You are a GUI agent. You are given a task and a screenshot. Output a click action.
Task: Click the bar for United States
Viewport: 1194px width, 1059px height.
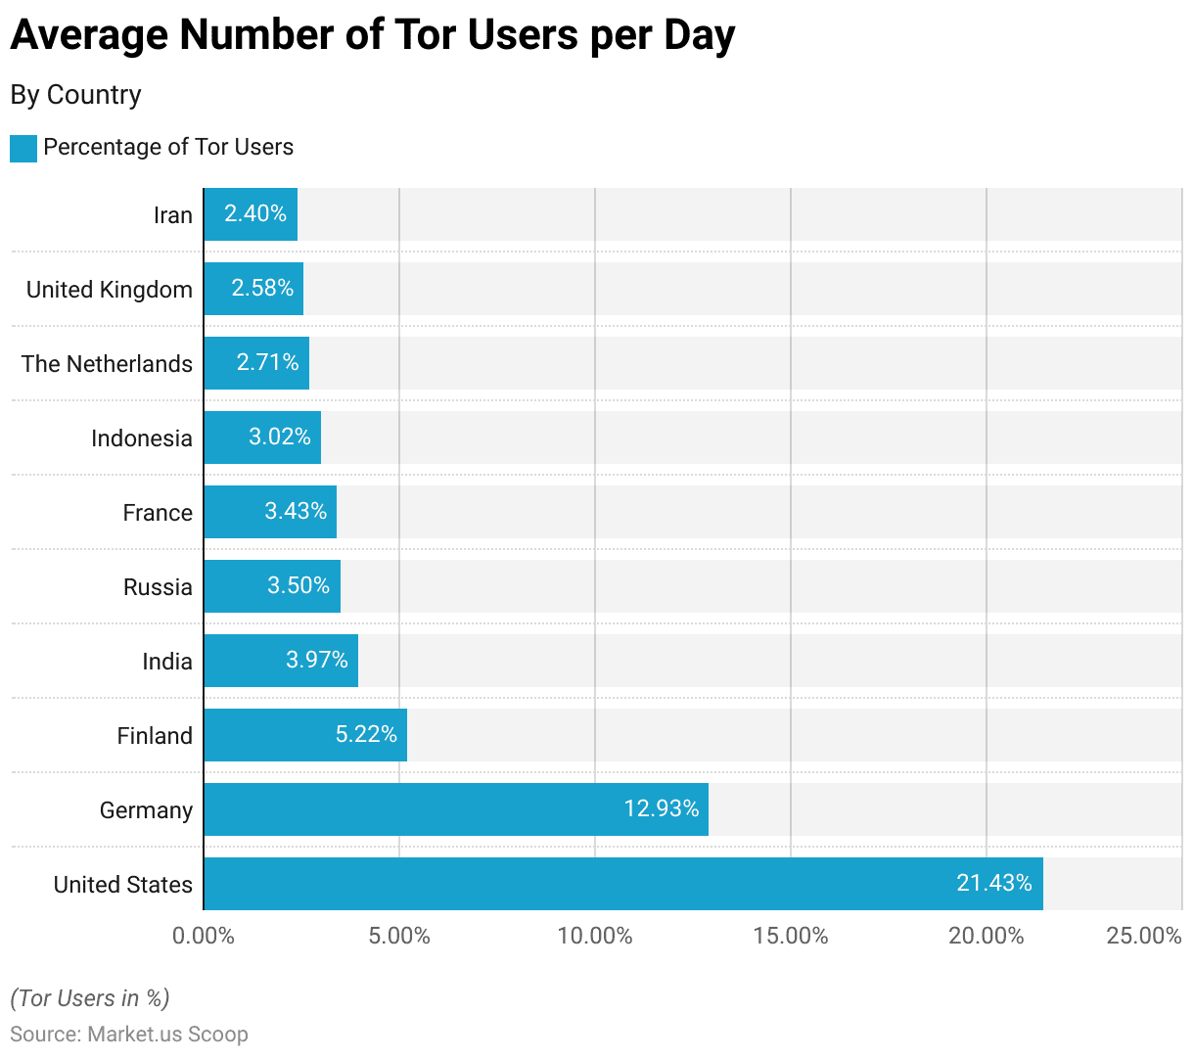(623, 884)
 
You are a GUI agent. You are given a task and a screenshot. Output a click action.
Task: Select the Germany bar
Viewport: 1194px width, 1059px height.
(456, 809)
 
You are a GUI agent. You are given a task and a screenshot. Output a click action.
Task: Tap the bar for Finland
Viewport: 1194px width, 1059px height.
(305, 735)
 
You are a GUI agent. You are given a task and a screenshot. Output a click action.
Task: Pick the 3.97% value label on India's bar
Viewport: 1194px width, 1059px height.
(317, 660)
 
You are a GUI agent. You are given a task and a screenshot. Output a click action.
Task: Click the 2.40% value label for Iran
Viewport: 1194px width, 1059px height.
(255, 213)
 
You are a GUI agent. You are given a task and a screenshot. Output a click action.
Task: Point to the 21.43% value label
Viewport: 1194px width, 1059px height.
(994, 883)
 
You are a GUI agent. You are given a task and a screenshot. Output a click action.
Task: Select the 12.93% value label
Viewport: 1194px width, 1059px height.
(662, 808)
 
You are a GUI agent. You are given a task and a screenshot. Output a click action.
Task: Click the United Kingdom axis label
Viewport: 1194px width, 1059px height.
(110, 290)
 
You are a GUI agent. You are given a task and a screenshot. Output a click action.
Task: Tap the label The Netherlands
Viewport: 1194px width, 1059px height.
(108, 364)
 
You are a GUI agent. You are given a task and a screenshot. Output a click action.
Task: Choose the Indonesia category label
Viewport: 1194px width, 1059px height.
(142, 438)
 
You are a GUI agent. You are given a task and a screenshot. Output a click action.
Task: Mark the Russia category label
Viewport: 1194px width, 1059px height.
(158, 587)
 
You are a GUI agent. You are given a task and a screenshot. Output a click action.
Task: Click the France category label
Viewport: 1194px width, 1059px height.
(158, 513)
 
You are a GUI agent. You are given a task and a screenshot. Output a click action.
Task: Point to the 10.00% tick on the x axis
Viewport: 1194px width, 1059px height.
(595, 936)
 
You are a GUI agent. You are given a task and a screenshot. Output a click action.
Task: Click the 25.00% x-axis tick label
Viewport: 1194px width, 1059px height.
(1144, 936)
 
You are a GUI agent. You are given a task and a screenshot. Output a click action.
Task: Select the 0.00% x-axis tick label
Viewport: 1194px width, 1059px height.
(204, 936)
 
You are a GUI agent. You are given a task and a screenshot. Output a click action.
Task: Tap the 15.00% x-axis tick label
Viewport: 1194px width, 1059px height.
(791, 936)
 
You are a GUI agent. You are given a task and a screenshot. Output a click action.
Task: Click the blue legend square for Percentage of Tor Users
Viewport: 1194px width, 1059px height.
(23, 148)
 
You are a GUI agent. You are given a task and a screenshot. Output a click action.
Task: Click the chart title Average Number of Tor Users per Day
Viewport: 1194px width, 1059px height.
(372, 35)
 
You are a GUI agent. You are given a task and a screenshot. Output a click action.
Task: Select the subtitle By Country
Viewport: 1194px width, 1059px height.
(76, 95)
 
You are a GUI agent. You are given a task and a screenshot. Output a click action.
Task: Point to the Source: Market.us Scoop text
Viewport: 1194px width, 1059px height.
(129, 1035)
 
